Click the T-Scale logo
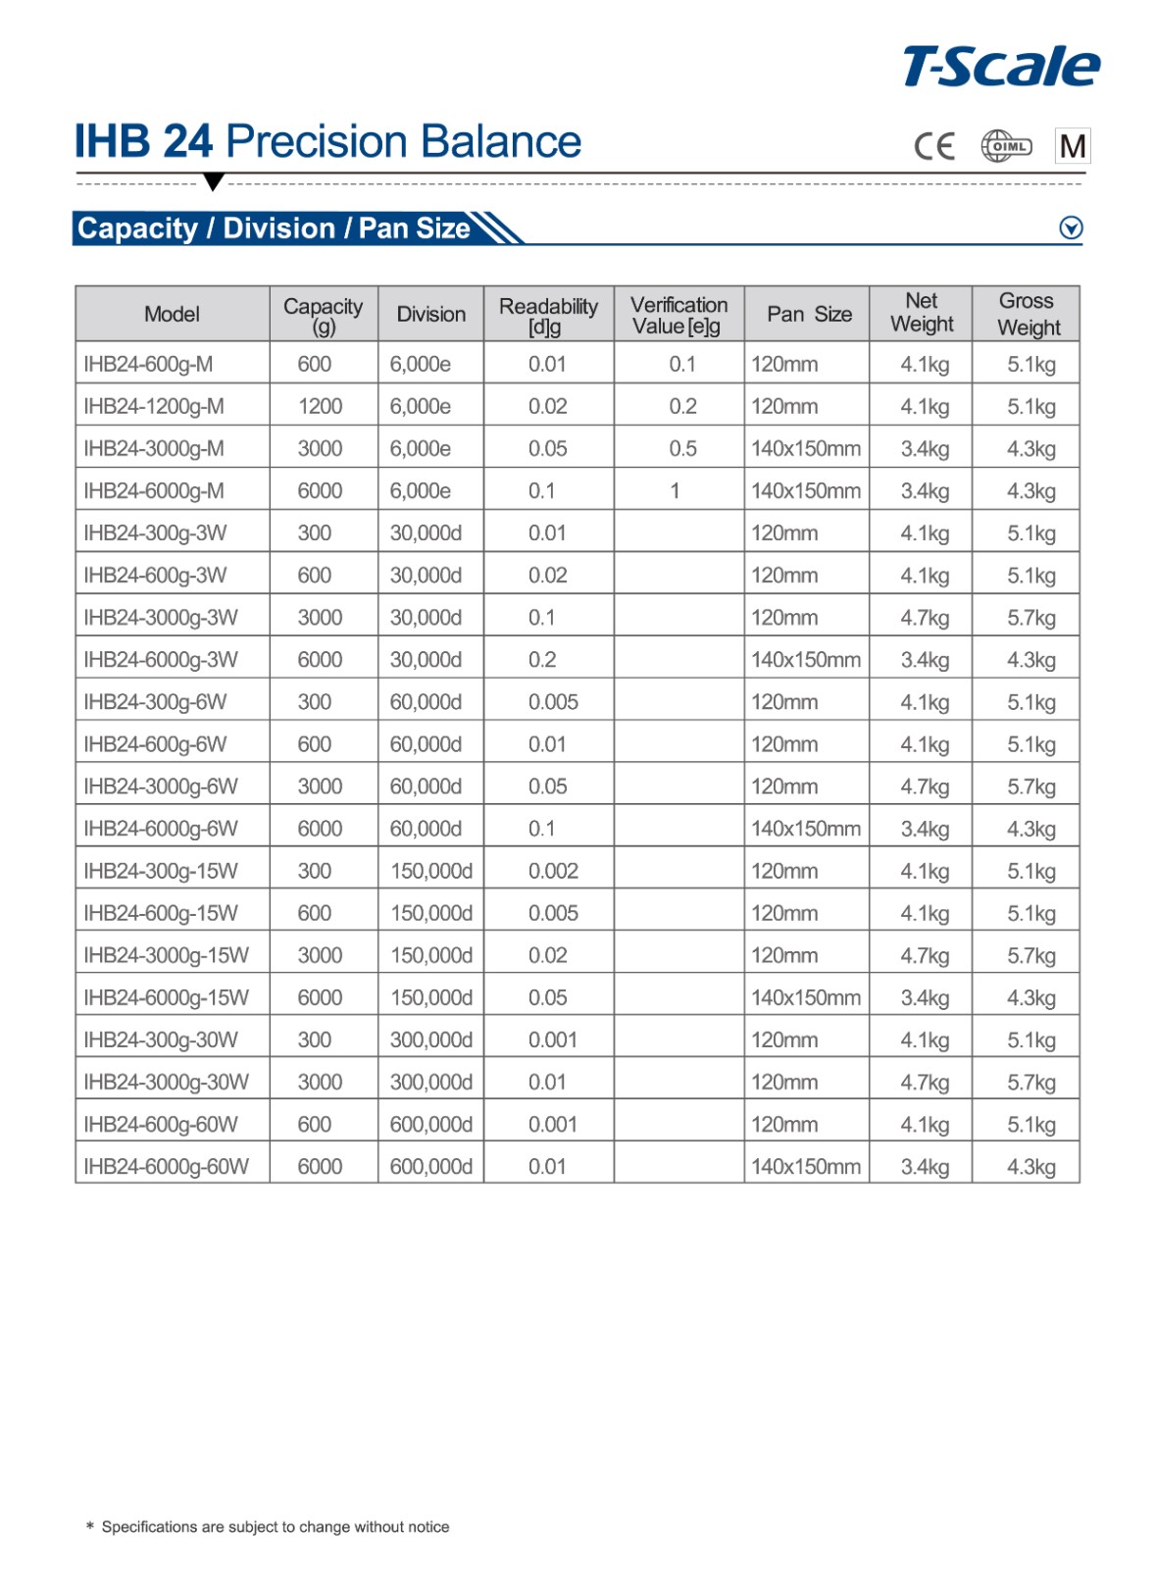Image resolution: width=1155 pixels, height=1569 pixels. pyautogui.click(x=1000, y=67)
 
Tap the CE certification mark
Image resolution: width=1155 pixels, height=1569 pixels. pyautogui.click(x=933, y=147)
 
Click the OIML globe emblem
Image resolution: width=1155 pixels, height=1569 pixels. pyautogui.click(x=1006, y=147)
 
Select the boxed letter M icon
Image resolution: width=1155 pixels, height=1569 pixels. pyautogui.click(x=1073, y=147)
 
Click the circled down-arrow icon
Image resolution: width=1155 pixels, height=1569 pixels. pyautogui.click(x=1071, y=228)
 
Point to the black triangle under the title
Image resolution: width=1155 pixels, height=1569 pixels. pyautogui.click(x=213, y=181)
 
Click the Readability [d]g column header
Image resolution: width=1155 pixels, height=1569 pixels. pyautogui.click(x=548, y=315)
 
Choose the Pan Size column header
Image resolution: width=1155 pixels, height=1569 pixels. pyautogui.click(x=809, y=314)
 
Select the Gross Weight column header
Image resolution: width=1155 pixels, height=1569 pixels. pyautogui.click(x=1028, y=314)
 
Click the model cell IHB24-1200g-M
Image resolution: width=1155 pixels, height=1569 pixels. pyautogui.click(x=154, y=406)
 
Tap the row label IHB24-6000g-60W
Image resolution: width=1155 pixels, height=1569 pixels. pyautogui.click(x=166, y=1166)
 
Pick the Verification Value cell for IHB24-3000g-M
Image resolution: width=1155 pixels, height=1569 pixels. pyautogui.click(x=682, y=448)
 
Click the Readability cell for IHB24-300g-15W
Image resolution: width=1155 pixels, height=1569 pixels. pyautogui.click(x=553, y=871)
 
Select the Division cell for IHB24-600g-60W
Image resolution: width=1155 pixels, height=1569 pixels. pyautogui.click(x=430, y=1124)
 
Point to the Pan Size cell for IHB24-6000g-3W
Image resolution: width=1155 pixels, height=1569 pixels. pyautogui.click(x=806, y=660)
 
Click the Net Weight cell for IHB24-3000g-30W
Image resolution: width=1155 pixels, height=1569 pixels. pyautogui.click(x=925, y=1082)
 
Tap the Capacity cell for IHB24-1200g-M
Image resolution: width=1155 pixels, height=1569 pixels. pyautogui.click(x=321, y=406)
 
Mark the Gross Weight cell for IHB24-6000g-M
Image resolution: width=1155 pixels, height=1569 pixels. pyautogui.click(x=1030, y=490)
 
